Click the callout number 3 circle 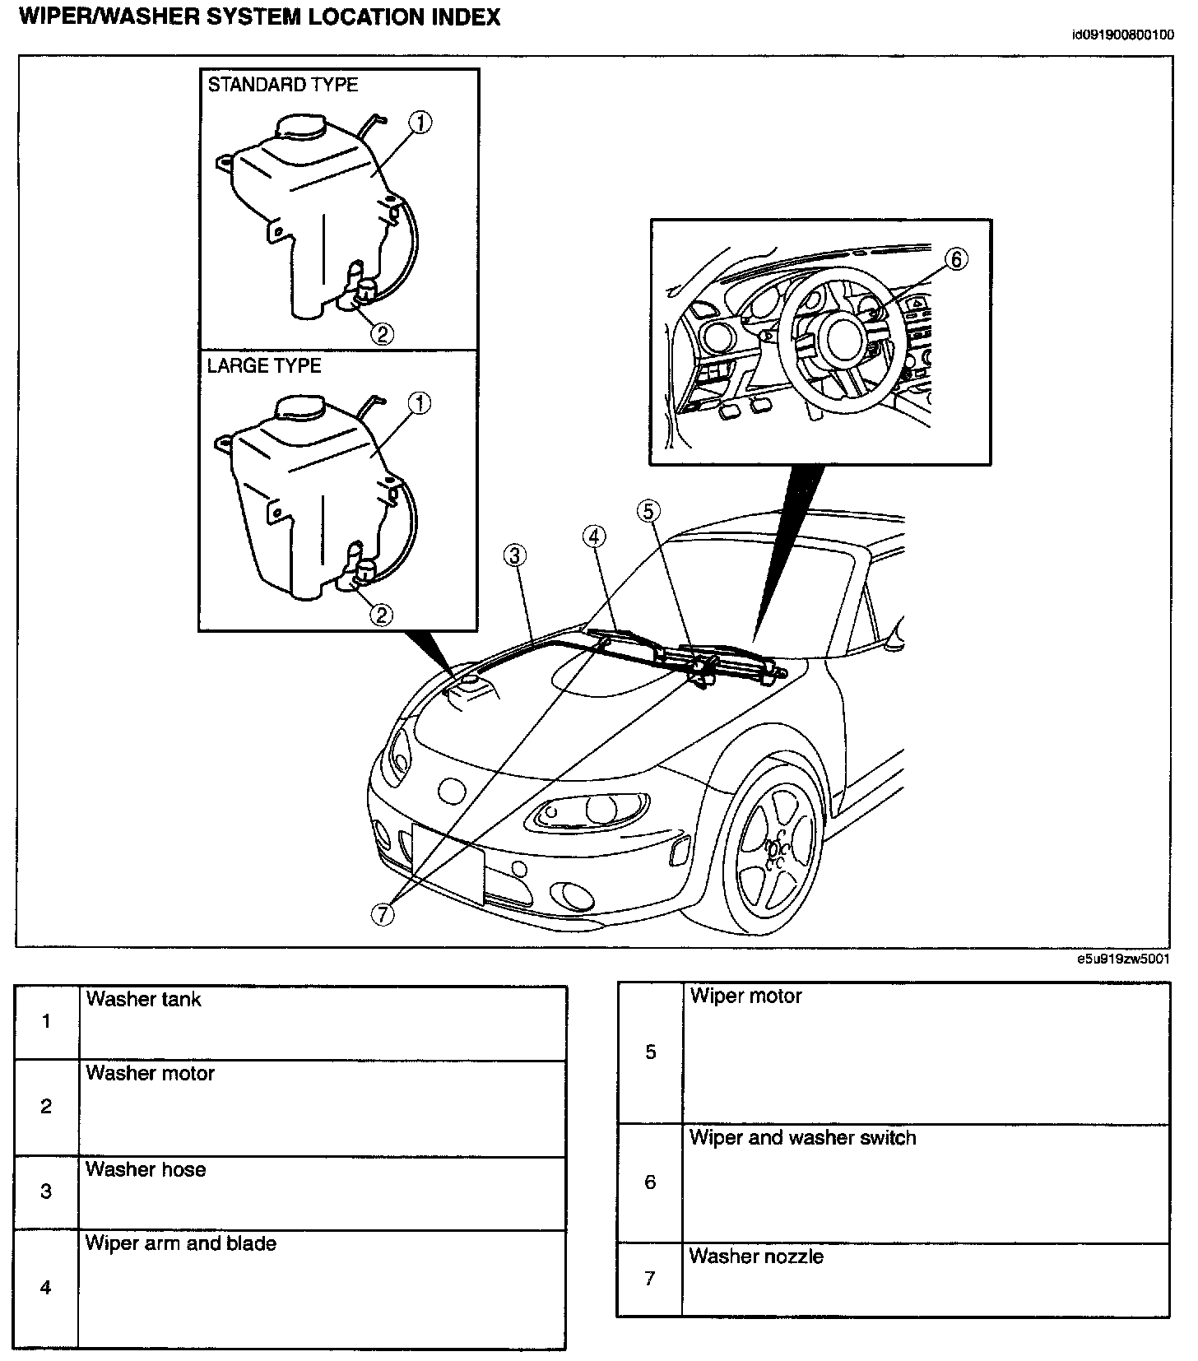tap(515, 556)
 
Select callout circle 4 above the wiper tap(594, 537)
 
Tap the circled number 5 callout tap(648, 511)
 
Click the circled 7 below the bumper tap(383, 913)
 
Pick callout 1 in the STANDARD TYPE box tap(420, 123)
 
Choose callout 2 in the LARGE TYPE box tap(382, 615)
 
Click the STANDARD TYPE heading tap(282, 85)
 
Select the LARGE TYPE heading tap(263, 366)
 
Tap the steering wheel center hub tap(843, 337)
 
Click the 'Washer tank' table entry tap(143, 999)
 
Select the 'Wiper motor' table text tap(745, 996)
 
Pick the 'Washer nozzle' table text tap(755, 1256)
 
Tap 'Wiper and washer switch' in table tap(802, 1137)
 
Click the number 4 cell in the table tap(46, 1287)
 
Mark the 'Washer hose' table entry tap(146, 1169)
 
